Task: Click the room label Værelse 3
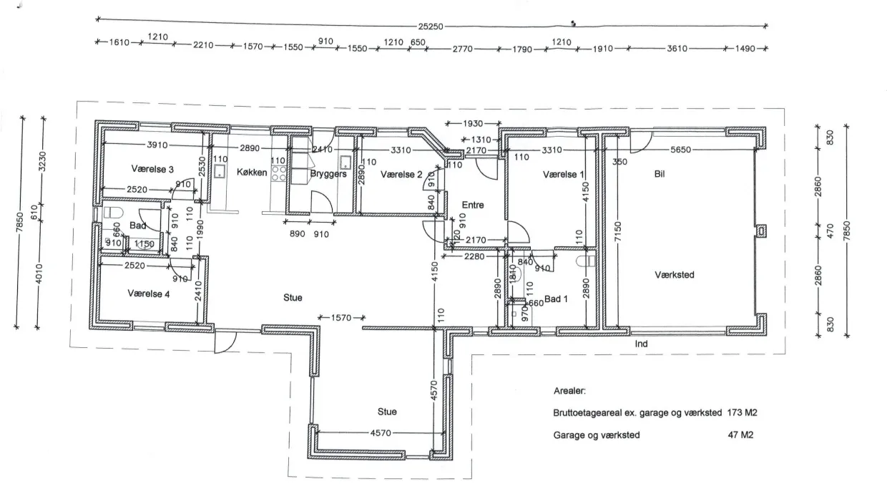152,169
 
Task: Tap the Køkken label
252,173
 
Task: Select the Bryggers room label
328,174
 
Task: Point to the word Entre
473,205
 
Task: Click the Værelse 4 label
148,293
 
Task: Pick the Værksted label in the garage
674,274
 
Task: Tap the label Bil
660,173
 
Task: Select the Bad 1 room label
556,299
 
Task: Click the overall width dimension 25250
431,26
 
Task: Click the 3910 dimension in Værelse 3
157,145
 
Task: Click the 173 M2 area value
742,413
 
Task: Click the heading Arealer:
569,392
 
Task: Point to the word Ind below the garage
641,344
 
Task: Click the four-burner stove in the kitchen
279,173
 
